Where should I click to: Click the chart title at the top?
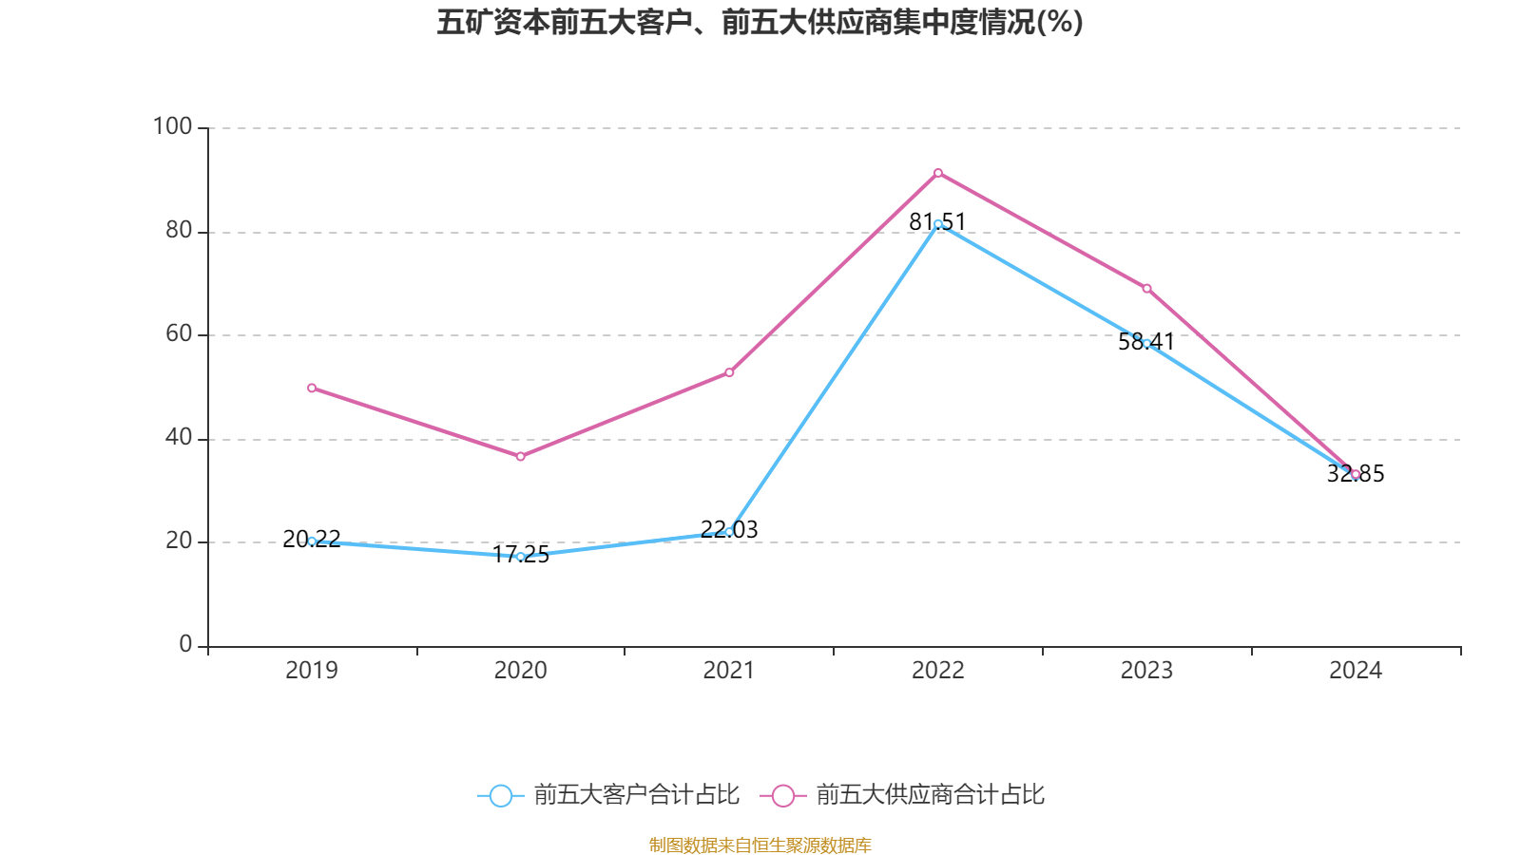760,22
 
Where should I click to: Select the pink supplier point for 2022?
937,173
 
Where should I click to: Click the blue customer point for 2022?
937,224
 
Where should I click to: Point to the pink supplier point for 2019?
312,388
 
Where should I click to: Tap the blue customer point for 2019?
312,541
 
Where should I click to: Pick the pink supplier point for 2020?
520,457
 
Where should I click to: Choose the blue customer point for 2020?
520,557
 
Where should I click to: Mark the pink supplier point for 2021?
729,372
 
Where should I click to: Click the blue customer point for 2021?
729,532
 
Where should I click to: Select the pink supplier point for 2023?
1146,289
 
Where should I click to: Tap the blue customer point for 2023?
1146,343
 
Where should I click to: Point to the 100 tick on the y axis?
173,126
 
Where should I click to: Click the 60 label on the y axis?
179,334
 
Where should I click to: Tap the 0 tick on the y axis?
185,645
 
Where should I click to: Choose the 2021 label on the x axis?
729,671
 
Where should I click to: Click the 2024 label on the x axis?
1356,671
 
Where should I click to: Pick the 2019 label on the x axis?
312,671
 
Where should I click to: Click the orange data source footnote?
760,845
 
